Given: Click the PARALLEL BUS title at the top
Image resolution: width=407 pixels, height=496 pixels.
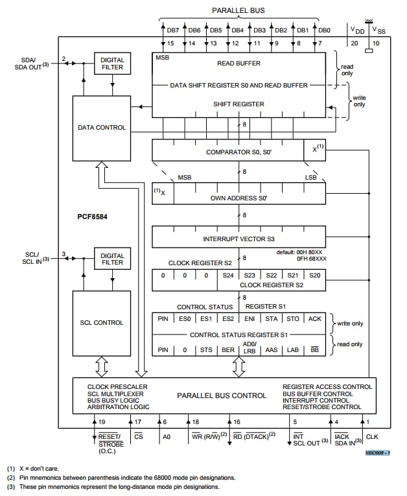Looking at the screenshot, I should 238,11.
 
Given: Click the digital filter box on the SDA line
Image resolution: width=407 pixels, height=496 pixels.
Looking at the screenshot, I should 112,64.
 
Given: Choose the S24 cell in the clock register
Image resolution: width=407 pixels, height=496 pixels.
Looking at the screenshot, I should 227,276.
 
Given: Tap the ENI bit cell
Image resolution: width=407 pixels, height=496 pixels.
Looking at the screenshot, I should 250,318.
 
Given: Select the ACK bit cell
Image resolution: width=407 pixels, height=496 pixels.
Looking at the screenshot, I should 314,318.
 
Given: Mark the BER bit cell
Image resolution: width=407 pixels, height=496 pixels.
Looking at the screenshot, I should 228,350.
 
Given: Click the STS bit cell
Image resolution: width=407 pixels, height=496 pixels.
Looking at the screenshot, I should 206,350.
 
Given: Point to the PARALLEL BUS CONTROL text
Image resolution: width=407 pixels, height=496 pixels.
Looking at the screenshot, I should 222,396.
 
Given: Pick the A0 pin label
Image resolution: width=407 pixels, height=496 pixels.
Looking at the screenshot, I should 166,438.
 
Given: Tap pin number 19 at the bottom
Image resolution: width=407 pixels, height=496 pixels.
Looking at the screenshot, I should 102,422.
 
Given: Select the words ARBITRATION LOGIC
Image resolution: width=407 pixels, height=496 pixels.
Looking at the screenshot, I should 118,407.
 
